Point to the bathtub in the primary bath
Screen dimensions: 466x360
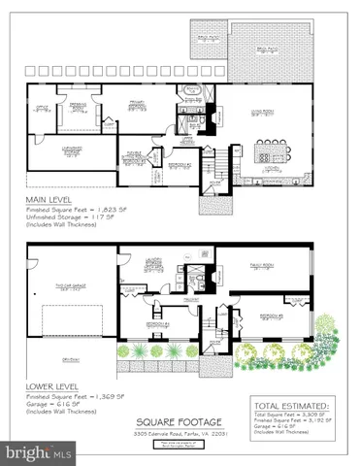(x=192, y=95)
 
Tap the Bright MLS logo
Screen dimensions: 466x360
(x=39, y=452)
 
